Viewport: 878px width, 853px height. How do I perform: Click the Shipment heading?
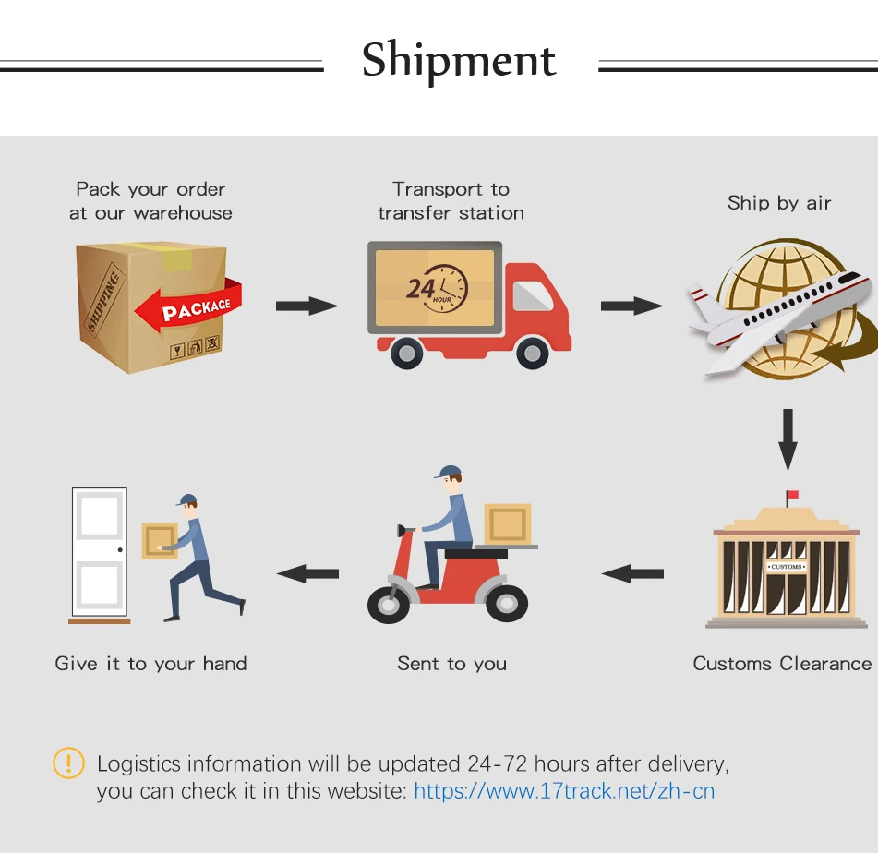[x=459, y=61]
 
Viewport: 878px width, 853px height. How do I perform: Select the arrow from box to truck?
[x=307, y=306]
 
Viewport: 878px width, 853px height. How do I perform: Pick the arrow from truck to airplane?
[x=631, y=306]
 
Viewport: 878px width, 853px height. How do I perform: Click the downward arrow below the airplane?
[x=787, y=440]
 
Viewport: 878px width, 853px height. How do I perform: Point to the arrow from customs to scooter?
[x=632, y=573]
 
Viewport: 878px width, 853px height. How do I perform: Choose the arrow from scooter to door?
[x=307, y=573]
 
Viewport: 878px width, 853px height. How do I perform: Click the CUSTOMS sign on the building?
[x=787, y=566]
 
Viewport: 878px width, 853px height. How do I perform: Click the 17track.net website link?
[x=564, y=791]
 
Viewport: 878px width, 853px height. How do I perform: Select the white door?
[x=99, y=553]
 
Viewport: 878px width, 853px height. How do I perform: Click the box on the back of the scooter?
[x=507, y=523]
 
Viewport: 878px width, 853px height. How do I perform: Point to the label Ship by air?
[x=779, y=203]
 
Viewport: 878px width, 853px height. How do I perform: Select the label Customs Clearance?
[x=782, y=664]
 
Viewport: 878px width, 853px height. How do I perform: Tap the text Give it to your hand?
[x=150, y=664]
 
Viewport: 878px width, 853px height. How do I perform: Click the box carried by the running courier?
[x=159, y=540]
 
